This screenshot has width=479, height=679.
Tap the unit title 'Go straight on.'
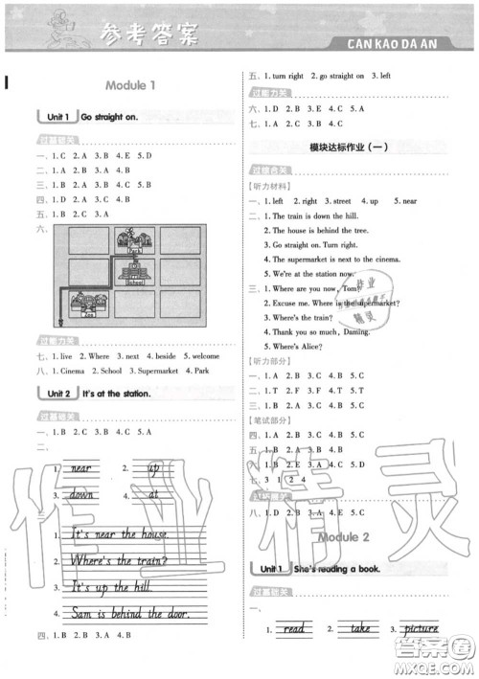click(x=109, y=117)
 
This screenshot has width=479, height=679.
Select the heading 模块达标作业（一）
click(x=348, y=146)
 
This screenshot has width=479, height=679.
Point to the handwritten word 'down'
click(x=80, y=496)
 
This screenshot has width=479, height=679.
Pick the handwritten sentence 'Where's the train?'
click(x=121, y=561)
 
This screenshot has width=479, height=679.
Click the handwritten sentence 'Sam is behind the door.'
click(x=130, y=614)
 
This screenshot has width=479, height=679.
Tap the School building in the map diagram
click(x=134, y=277)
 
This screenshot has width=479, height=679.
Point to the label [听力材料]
click(x=267, y=186)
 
